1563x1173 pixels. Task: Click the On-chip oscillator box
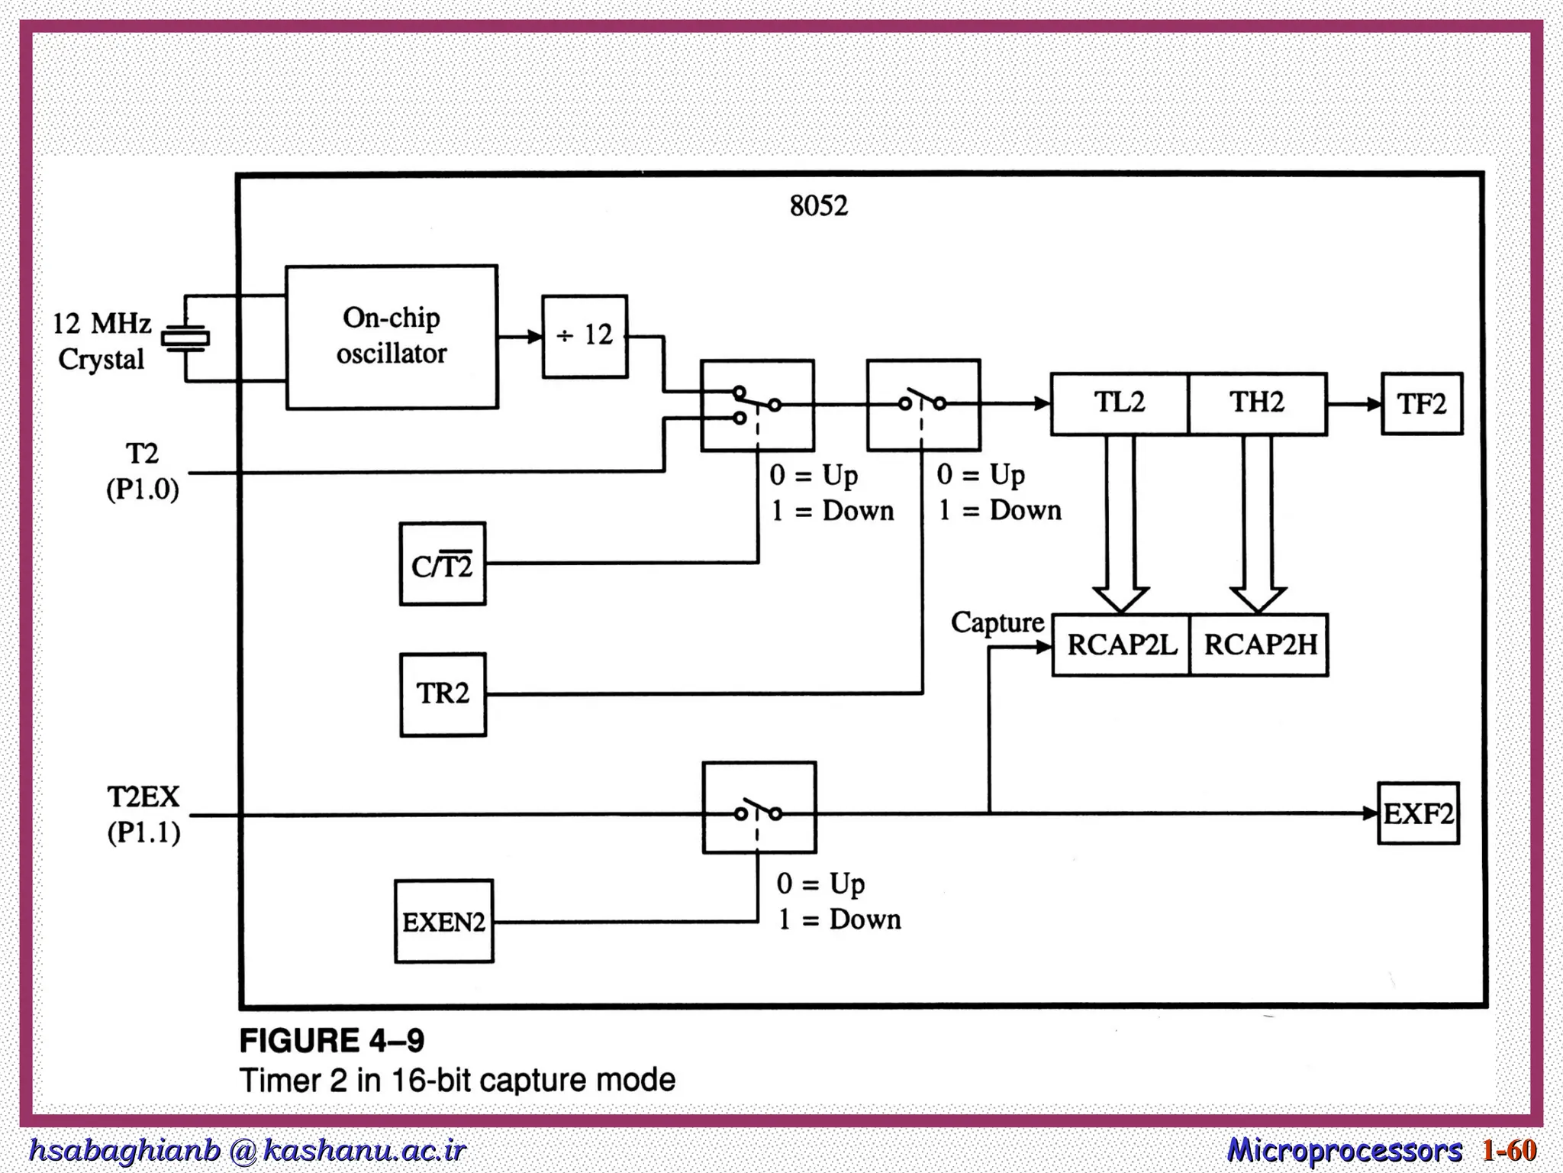pyautogui.click(x=392, y=337)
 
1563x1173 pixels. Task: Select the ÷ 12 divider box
pyautogui.click(x=585, y=336)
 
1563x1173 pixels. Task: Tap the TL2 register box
pyautogui.click(x=1120, y=404)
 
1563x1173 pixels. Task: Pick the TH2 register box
pyautogui.click(x=1257, y=404)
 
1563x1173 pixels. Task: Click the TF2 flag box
pyautogui.click(x=1421, y=404)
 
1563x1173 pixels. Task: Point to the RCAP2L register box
pyautogui.click(x=1120, y=645)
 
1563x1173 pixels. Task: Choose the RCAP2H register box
pyautogui.click(x=1259, y=645)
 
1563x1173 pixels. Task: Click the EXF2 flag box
pyautogui.click(x=1418, y=813)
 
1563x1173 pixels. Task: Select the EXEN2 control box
pyautogui.click(x=443, y=921)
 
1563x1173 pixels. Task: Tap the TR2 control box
pyautogui.click(x=443, y=694)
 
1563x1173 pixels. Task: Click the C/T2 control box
pyautogui.click(x=442, y=564)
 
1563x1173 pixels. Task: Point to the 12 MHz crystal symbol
pyautogui.click(x=185, y=338)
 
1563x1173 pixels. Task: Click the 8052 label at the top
pyautogui.click(x=818, y=206)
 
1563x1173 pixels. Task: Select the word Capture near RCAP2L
pyautogui.click(x=997, y=622)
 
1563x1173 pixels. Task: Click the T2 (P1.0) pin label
pyautogui.click(x=143, y=471)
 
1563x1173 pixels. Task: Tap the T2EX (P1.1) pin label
pyautogui.click(x=143, y=814)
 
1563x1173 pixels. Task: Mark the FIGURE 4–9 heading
pyautogui.click(x=332, y=1040)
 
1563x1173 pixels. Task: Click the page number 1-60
pyautogui.click(x=1509, y=1150)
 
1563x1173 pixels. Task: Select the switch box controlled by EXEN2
pyautogui.click(x=759, y=807)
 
